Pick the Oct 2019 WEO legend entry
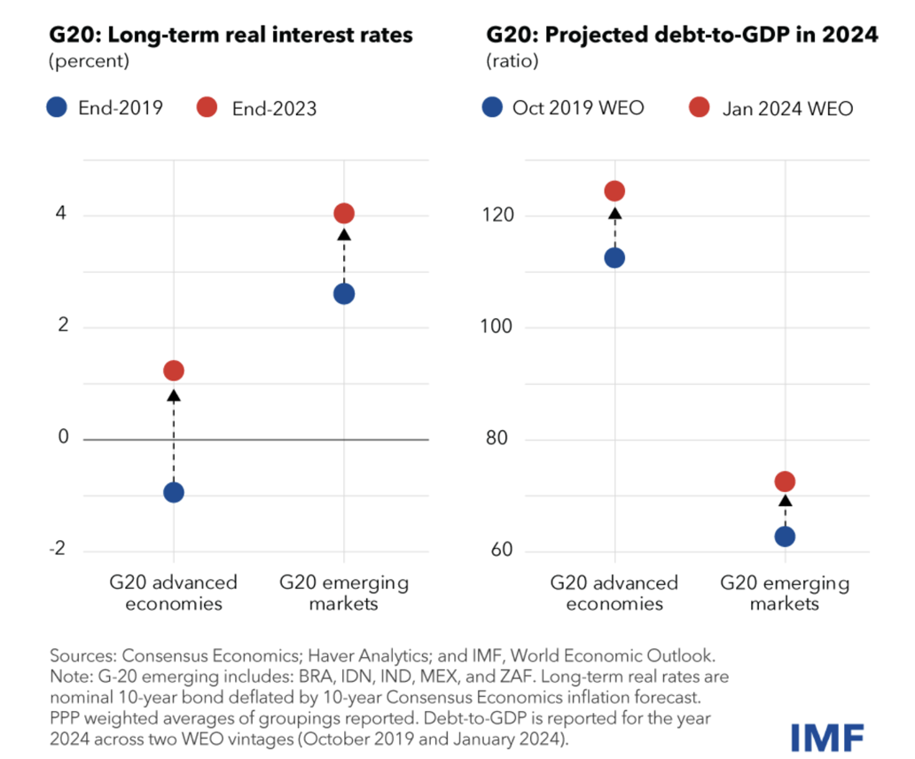tap(562, 109)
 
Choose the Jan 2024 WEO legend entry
tap(770, 109)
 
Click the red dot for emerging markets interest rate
tap(344, 214)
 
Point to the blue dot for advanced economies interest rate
tap(174, 492)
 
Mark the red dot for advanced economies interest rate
tap(174, 370)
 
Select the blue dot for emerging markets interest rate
tap(344, 293)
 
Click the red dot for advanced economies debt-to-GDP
tap(614, 191)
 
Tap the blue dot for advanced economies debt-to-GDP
tap(614, 258)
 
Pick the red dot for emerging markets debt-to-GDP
tap(785, 481)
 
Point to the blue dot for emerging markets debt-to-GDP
tap(785, 536)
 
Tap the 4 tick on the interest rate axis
tap(61, 215)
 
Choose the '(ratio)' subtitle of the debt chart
tap(512, 62)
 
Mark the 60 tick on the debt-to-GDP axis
tap(503, 551)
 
